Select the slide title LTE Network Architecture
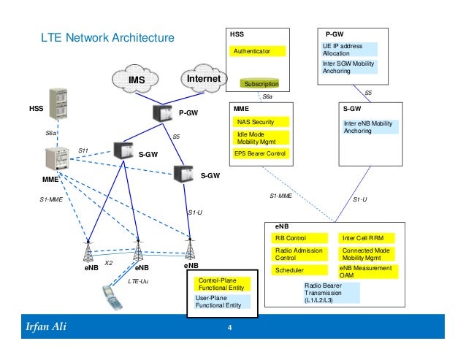click(107, 37)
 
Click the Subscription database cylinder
click(261, 85)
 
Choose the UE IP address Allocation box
click(350, 50)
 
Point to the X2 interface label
click(109, 262)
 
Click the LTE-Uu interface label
click(138, 280)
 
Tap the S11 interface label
click(83, 150)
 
